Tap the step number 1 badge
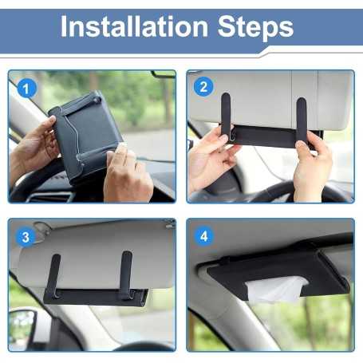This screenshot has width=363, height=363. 27,88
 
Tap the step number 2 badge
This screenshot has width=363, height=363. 204,86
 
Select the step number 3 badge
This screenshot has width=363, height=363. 26,237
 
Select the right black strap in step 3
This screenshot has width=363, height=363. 126,275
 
